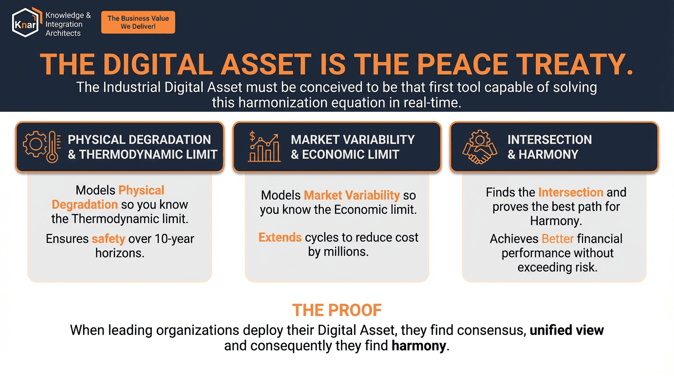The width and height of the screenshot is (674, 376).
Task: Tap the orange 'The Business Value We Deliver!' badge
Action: pos(138,23)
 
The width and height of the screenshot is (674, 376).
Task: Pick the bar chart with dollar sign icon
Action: pos(264,147)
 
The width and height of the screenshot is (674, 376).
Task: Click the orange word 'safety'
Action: pos(108,239)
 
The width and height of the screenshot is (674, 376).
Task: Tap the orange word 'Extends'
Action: pos(280,237)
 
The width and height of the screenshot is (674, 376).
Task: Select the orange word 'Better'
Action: pos(557,239)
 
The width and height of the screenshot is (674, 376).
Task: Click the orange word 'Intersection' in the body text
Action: pos(571,192)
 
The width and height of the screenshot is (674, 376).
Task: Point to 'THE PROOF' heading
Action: pos(337,310)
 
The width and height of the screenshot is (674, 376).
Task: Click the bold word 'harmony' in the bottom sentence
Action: pos(419,346)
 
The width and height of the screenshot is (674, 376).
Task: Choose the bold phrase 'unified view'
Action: pos(567,330)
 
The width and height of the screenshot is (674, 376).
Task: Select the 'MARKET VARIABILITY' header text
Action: pos(353,140)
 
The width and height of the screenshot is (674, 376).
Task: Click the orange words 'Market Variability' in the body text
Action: pos(352,195)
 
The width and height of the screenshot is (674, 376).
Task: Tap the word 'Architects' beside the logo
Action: pos(63,33)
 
